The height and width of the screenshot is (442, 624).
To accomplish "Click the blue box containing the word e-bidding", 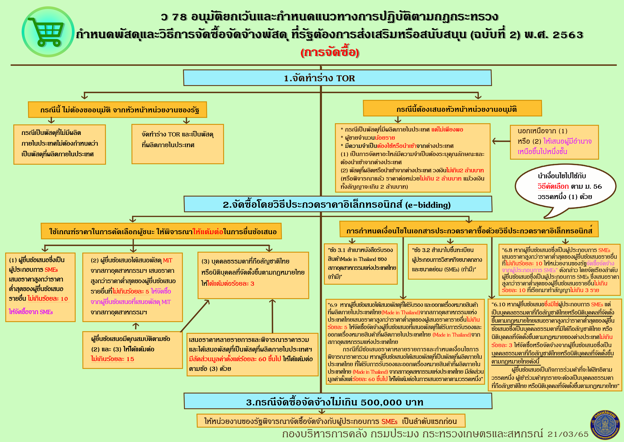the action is [338, 204].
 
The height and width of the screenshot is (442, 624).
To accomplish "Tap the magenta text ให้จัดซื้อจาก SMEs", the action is [31, 312].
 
